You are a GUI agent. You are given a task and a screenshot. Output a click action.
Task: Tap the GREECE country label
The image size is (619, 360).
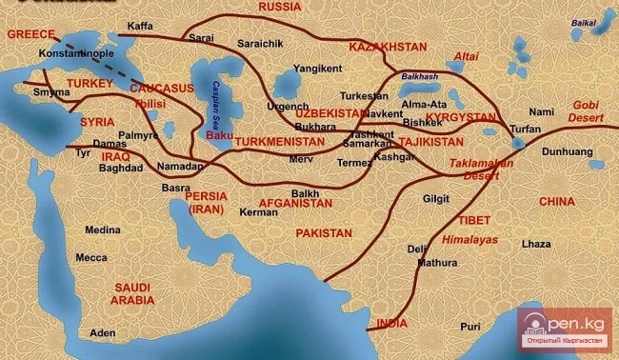[28, 34]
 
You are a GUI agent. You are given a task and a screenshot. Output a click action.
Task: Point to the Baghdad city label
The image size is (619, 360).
[120, 168]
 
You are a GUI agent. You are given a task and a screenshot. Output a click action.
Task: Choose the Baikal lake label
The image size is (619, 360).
[584, 20]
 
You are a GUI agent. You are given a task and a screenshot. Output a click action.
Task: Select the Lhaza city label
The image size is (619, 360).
[535, 244]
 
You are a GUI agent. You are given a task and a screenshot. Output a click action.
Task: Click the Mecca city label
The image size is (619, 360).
[91, 257]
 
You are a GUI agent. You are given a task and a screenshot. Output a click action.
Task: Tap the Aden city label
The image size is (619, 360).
[102, 333]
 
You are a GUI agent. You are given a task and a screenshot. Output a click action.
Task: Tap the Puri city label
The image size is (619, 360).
[470, 327]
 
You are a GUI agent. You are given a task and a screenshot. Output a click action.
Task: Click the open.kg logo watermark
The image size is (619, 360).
[566, 329]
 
